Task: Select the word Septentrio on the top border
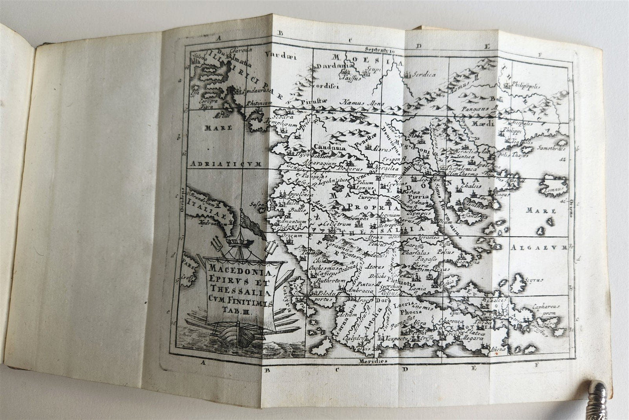click(x=380, y=49)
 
